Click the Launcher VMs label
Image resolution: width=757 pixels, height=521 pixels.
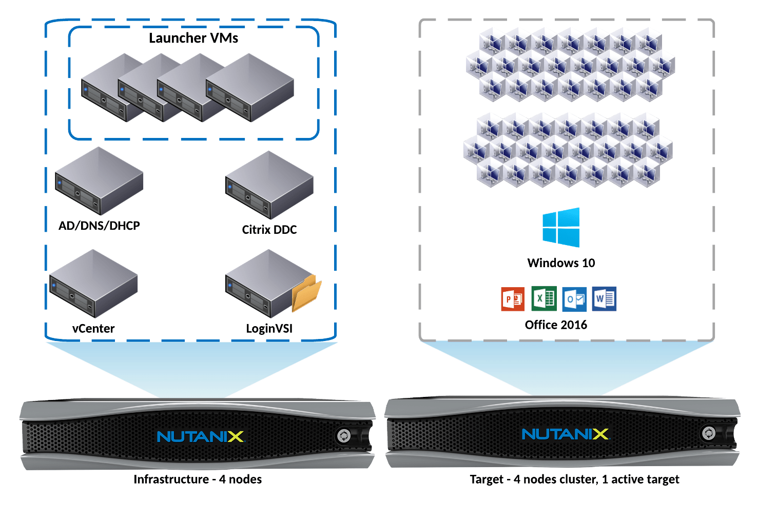[193, 38]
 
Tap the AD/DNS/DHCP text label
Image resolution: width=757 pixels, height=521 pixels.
[99, 226]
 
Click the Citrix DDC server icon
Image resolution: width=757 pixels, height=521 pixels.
[269, 185]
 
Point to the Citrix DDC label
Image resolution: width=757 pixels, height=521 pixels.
[269, 230]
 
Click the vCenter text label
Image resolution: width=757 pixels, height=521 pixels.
[93, 329]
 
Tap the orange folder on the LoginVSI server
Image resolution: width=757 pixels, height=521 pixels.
[306, 293]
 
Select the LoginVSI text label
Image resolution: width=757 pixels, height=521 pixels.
[269, 329]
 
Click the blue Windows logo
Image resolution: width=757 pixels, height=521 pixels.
[561, 227]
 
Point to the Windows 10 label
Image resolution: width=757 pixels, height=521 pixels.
[561, 263]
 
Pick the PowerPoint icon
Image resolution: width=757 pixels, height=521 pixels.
[513, 299]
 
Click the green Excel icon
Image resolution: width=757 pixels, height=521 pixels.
[544, 298]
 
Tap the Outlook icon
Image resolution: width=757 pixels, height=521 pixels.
[574, 299]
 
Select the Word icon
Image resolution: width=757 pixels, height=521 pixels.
[604, 298]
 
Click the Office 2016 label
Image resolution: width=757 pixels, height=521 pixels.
[556, 325]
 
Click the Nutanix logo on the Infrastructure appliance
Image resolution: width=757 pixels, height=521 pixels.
[200, 436]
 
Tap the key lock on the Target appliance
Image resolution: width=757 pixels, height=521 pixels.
[709, 433]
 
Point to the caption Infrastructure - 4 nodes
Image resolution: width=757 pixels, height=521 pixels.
[198, 479]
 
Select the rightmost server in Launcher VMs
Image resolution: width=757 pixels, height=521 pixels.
[250, 88]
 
